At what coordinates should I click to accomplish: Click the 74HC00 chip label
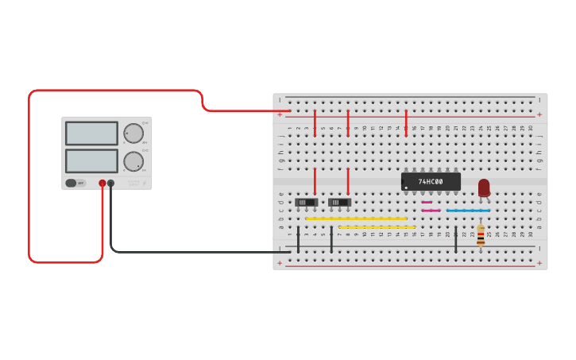tap(430, 182)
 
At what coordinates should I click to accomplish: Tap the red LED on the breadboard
tap(484, 188)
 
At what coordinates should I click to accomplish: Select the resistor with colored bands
tap(481, 235)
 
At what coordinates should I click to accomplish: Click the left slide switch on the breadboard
tap(307, 203)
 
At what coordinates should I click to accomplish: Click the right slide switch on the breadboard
tap(340, 203)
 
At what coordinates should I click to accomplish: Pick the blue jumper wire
tap(468, 211)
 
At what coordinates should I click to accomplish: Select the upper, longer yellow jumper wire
tap(356, 219)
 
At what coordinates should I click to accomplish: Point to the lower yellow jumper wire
tap(377, 227)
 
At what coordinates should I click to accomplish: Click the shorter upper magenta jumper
tap(427, 202)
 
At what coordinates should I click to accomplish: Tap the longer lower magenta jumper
tap(431, 211)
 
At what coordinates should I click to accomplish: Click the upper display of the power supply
tap(91, 133)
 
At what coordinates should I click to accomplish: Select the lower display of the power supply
tap(91, 161)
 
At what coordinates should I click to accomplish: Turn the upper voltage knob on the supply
tap(133, 133)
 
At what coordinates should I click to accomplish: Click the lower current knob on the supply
tap(133, 161)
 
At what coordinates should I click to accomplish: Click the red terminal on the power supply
tap(102, 183)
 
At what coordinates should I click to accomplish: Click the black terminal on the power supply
tap(110, 183)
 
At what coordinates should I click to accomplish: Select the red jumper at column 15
tap(406, 122)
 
